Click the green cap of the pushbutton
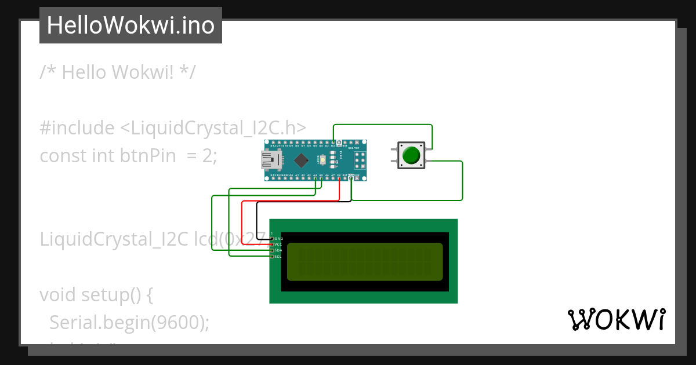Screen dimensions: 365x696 411,155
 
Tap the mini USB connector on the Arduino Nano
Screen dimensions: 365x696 270,160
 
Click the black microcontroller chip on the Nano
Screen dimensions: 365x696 301,160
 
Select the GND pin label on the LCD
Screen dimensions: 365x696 278,239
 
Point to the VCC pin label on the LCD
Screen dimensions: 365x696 278,244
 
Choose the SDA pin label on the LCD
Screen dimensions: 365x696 278,250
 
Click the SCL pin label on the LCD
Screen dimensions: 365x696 278,256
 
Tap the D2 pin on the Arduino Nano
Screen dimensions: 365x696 333,143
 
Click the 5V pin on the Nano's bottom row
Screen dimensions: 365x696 339,178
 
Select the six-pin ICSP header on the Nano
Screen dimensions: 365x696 358,160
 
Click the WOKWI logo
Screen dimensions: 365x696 616,320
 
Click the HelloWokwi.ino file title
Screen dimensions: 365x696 130,25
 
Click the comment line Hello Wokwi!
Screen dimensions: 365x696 118,72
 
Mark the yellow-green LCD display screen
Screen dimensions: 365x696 364,262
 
